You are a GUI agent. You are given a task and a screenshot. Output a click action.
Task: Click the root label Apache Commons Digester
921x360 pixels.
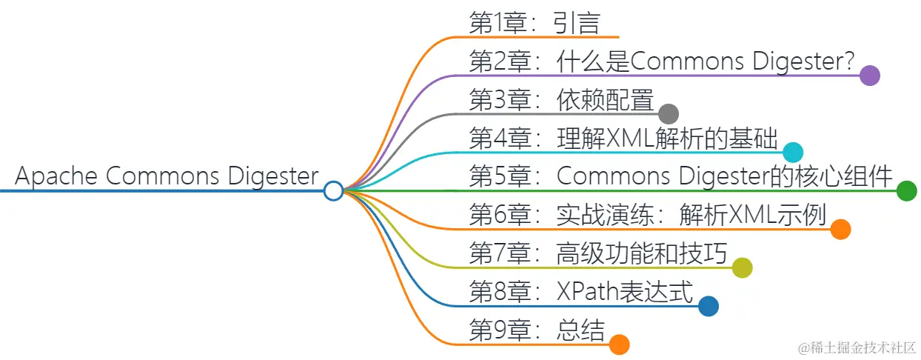167,176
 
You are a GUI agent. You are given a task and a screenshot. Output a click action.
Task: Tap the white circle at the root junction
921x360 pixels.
333,191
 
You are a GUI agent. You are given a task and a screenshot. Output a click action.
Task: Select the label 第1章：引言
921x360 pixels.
534,23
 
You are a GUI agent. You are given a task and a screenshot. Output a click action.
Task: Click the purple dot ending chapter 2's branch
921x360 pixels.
870,76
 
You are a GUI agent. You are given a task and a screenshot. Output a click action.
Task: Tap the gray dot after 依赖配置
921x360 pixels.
669,114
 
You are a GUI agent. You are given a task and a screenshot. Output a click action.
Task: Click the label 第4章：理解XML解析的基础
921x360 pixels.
623,139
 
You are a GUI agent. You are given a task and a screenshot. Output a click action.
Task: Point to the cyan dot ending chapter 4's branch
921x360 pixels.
793,153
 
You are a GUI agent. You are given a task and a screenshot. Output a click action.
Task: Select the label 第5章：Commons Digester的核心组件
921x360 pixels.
681,177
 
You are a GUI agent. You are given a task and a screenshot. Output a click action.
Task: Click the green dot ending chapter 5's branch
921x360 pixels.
906,191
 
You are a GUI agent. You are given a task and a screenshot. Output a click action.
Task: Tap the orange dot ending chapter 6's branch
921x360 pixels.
840,230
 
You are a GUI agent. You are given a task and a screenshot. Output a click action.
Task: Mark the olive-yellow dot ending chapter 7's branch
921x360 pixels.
742,268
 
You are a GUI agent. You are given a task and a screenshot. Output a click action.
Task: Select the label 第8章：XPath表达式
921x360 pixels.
581,293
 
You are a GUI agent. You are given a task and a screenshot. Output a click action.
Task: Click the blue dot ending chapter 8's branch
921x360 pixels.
709,307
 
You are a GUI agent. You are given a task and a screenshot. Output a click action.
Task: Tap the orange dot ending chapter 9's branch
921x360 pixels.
619,345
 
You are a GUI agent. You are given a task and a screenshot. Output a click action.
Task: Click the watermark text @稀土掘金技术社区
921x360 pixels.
856,347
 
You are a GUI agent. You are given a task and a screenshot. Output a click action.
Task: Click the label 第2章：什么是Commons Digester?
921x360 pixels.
663,61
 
